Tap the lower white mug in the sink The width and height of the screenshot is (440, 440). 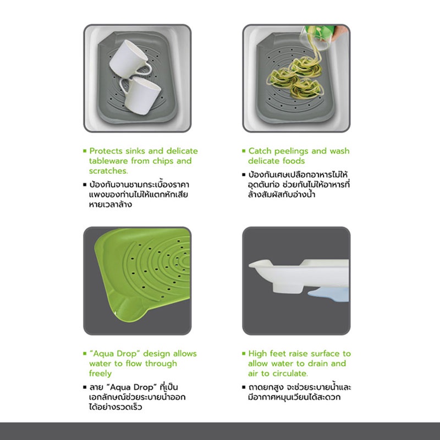click(140, 95)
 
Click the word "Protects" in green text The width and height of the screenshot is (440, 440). click(106, 151)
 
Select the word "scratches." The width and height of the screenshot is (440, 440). click(108, 171)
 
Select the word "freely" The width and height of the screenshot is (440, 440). click(100, 374)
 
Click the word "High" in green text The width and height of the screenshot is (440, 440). click(257, 354)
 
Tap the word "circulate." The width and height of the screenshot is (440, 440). click(290, 373)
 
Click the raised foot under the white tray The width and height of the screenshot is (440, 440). click(288, 288)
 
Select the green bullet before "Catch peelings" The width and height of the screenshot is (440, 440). click(244, 151)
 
